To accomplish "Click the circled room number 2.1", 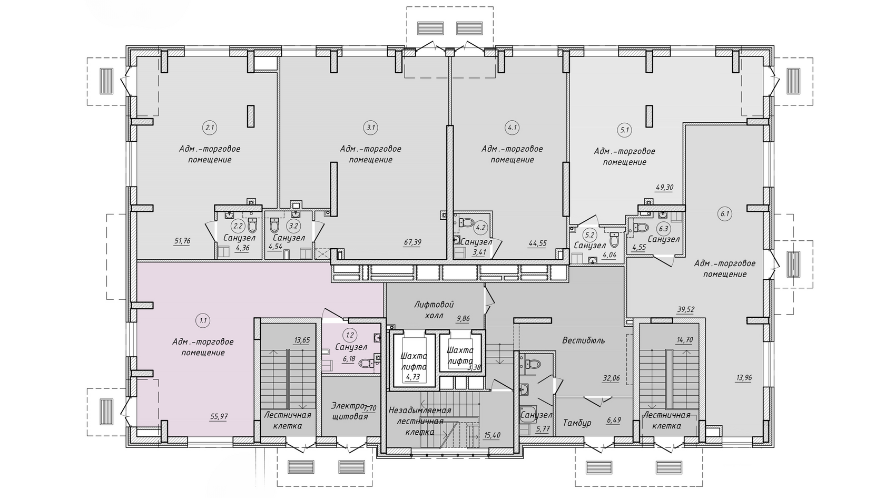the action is [210, 128].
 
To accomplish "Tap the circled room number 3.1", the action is [371, 128].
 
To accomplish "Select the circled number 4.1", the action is [513, 128].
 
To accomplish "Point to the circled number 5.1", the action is [625, 130].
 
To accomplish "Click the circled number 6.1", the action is [725, 214].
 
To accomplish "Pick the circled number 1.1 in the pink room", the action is [203, 320].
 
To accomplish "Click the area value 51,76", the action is [182, 241].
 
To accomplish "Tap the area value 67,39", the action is [412, 242].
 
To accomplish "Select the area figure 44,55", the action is [538, 244].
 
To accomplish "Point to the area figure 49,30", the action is [664, 188].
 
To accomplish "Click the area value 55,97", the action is [219, 416].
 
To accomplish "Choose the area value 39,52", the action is [685, 310].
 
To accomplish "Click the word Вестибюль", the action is [584, 340].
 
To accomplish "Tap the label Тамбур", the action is [577, 423].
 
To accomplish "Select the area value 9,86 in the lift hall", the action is [464, 318].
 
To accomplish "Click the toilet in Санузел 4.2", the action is [466, 222].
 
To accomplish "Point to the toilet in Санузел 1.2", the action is [368, 363].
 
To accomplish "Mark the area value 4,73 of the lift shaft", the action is [413, 377].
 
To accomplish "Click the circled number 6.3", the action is [663, 229].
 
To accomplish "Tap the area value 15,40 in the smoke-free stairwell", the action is [492, 435].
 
